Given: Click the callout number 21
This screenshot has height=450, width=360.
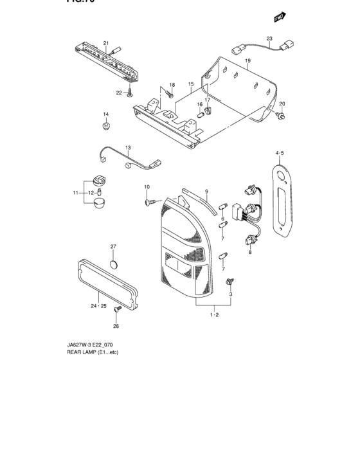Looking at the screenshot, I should tap(107, 42).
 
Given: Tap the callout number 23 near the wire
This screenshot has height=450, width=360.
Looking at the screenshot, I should tap(269, 38).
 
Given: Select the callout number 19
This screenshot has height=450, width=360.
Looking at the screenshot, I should tap(247, 60).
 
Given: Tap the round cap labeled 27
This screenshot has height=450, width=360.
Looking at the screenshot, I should tap(114, 264).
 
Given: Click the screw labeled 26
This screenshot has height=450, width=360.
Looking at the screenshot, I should tap(117, 309).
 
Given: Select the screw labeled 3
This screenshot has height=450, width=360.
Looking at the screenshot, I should tap(230, 282).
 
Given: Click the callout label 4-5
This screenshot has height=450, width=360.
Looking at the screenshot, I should tap(280, 154).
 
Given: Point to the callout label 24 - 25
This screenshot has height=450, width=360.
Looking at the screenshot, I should tap(98, 306).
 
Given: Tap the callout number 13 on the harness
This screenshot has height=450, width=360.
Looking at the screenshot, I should tap(127, 148).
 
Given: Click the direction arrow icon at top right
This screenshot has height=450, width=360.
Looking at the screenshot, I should tap(280, 14).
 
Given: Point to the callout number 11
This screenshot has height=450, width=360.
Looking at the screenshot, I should tap(75, 192).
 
